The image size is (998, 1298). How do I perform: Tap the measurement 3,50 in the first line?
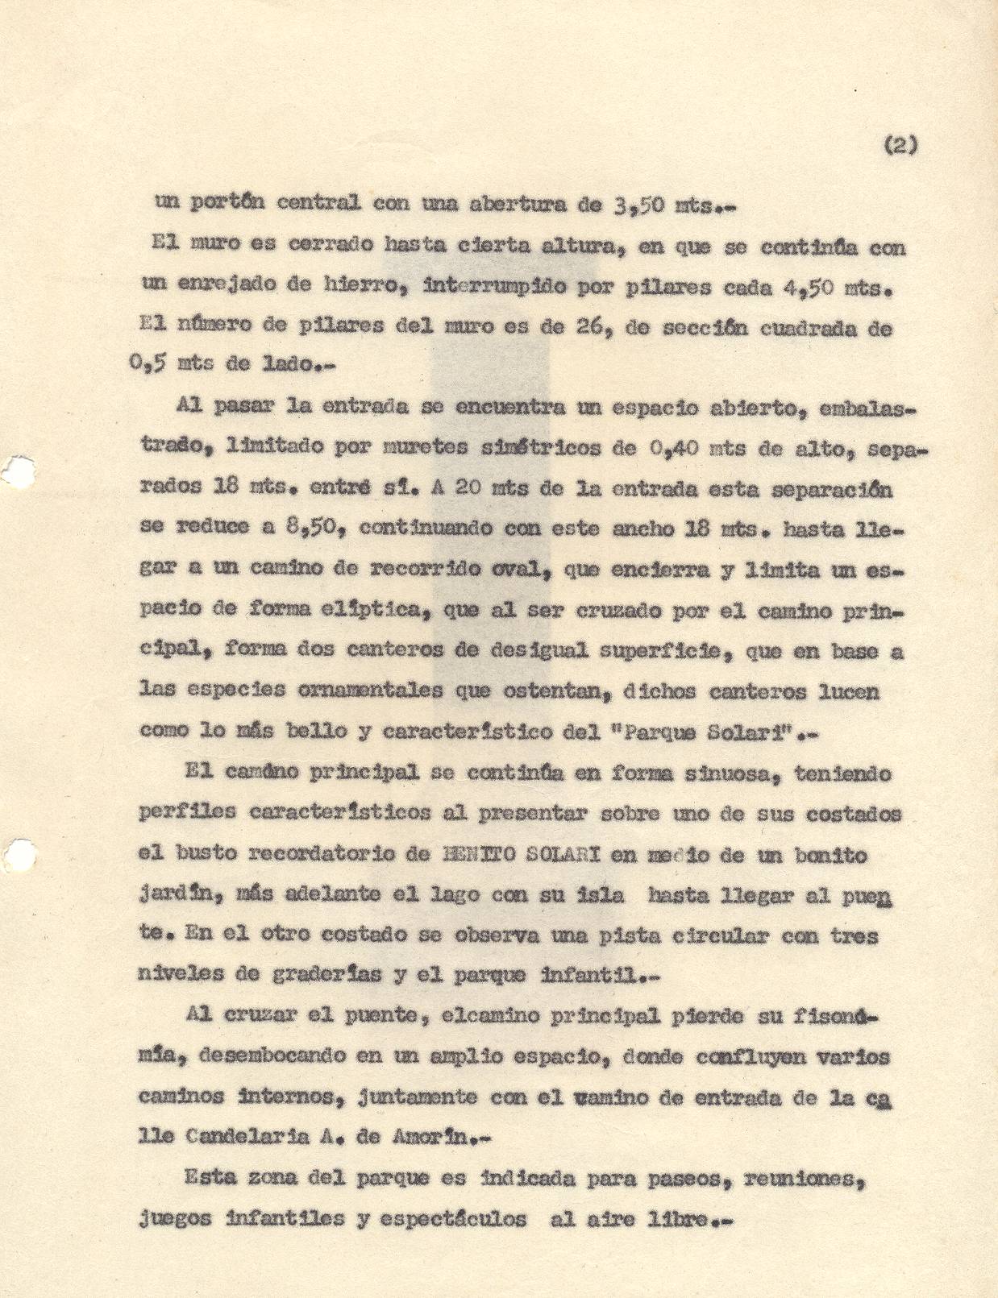click(x=638, y=205)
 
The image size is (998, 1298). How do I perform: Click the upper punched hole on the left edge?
click(x=18, y=470)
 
